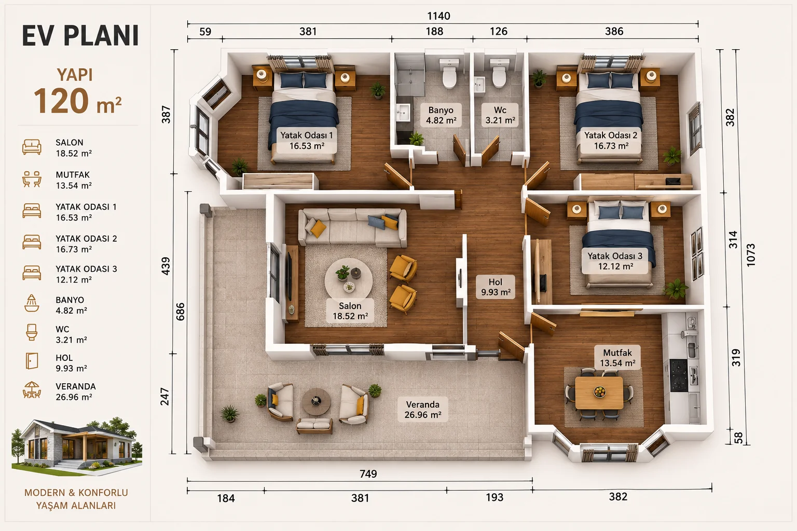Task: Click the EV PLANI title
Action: click(x=80, y=36)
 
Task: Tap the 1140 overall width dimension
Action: click(x=438, y=16)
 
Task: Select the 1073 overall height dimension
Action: click(x=750, y=255)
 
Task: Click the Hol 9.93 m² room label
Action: click(x=496, y=287)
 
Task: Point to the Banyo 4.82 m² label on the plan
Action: click(x=441, y=115)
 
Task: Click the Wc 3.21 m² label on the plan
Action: click(x=500, y=115)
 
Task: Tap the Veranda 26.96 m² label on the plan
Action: click(x=423, y=410)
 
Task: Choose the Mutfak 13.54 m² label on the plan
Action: click(x=617, y=358)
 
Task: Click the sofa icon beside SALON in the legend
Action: click(x=32, y=147)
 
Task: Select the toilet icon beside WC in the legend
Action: click(x=32, y=332)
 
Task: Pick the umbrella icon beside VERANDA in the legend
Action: click(x=32, y=390)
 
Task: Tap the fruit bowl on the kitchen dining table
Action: click(x=599, y=392)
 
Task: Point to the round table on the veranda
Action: click(x=316, y=401)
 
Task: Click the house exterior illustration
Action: click(x=76, y=446)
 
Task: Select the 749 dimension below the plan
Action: click(x=368, y=474)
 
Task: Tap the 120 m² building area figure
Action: click(x=77, y=101)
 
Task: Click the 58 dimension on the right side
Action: click(x=739, y=438)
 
